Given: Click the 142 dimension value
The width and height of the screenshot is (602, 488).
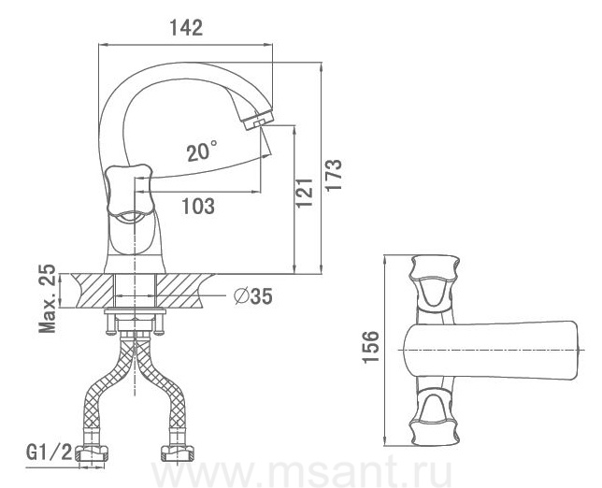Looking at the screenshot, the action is click(186, 28).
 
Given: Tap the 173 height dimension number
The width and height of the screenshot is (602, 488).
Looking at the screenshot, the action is click(334, 175).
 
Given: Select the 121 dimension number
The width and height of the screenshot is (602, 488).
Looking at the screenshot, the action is click(305, 193).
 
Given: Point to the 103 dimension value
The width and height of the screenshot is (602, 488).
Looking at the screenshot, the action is click(198, 207).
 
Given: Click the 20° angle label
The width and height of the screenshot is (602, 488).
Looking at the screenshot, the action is click(202, 151).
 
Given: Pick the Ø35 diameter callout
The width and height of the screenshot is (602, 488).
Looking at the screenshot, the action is click(253, 296).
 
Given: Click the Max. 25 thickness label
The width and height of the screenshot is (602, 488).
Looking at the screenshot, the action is click(48, 299).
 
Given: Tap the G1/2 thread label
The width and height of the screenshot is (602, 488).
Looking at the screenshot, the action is click(50, 453).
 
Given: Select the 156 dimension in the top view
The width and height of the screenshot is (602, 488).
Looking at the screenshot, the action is click(371, 347).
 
